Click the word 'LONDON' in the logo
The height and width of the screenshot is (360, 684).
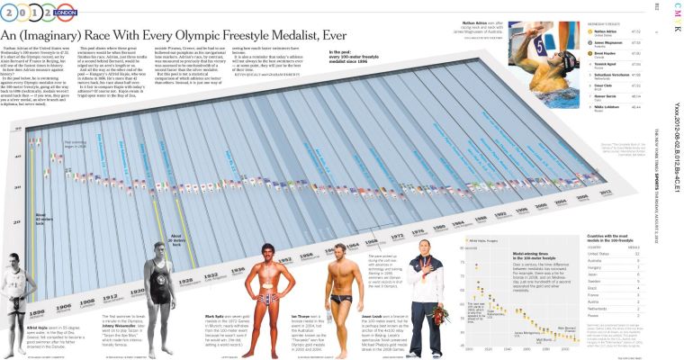tap(65, 14)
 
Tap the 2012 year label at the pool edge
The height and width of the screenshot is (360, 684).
tap(607, 193)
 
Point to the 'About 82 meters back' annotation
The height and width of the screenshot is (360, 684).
tap(43, 219)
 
